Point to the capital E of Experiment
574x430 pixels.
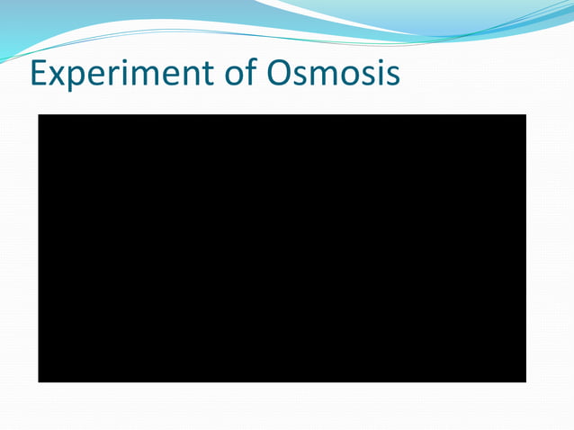pos(40,74)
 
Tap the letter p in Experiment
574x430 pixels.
pos(81,79)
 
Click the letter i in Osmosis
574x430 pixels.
pos(378,75)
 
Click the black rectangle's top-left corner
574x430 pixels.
pos(39,115)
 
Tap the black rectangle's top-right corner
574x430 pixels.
pos(525,115)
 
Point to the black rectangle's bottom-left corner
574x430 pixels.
pos(39,381)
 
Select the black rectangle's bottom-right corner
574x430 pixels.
pos(525,381)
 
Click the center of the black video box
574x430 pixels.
pos(282,248)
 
